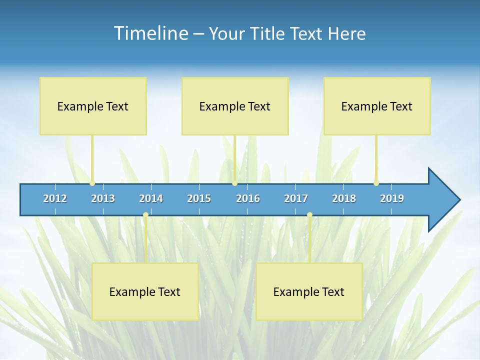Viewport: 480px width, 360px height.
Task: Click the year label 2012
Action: pyautogui.click(x=55, y=198)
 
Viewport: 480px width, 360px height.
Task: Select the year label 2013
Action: pyautogui.click(x=103, y=198)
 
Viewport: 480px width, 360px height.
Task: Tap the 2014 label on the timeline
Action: pyautogui.click(x=151, y=198)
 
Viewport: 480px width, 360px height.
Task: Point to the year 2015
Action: pyautogui.click(x=199, y=198)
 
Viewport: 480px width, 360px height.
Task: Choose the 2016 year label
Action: pyautogui.click(x=248, y=198)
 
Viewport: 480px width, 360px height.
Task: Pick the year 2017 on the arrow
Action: pyautogui.click(x=296, y=198)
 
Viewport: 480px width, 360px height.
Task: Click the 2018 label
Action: pyautogui.click(x=344, y=198)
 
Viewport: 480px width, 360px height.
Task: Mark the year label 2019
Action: pyautogui.click(x=392, y=198)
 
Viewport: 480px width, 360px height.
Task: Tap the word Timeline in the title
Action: pyautogui.click(x=150, y=33)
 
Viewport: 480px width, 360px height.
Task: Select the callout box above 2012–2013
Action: pyautogui.click(x=93, y=106)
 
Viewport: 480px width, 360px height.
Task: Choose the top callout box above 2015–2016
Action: pyautogui.click(x=235, y=106)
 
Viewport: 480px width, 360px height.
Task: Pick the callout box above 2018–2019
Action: pyautogui.click(x=377, y=106)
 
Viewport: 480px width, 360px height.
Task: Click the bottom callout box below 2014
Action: pyautogui.click(x=145, y=291)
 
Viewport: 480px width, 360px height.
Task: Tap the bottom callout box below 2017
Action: pyautogui.click(x=309, y=291)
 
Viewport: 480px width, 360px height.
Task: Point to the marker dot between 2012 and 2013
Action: pyautogui.click(x=92, y=183)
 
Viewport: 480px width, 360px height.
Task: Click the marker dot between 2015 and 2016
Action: pyautogui.click(x=234, y=183)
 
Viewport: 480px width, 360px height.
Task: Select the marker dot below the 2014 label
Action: pyautogui.click(x=145, y=215)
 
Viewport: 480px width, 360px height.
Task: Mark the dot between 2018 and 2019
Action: pyautogui.click(x=376, y=183)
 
